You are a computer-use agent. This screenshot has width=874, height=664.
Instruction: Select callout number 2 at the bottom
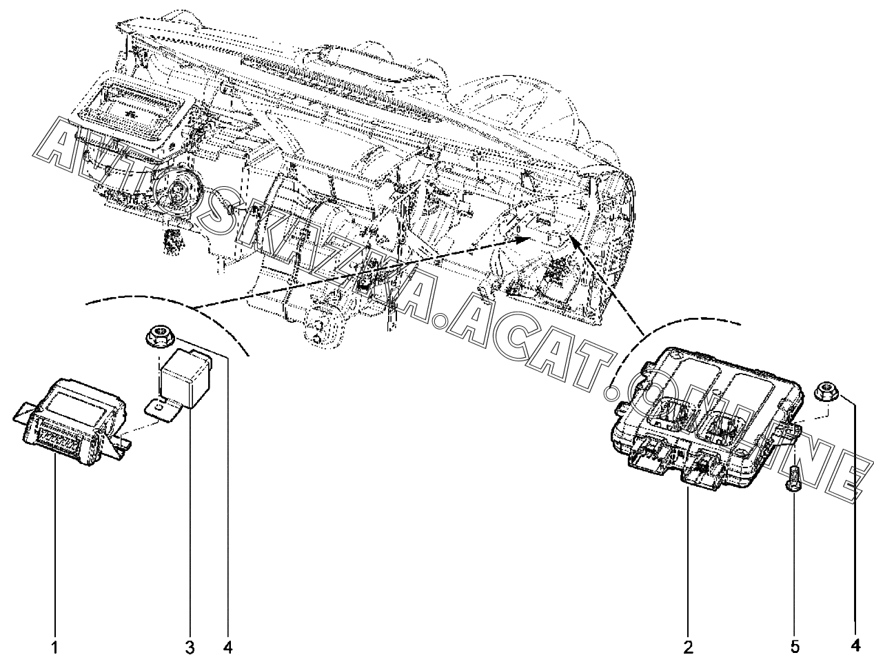(x=688, y=647)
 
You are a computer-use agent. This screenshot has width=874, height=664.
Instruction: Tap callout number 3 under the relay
(x=190, y=647)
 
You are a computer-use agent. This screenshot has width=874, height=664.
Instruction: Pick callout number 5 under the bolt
(x=794, y=647)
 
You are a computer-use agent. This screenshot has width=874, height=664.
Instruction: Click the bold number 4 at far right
(x=855, y=646)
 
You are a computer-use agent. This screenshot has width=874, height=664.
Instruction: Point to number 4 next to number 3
(x=228, y=647)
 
